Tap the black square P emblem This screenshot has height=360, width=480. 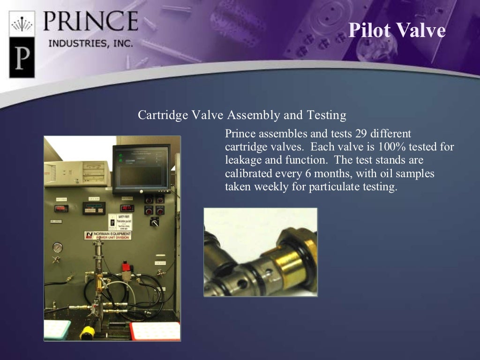pyautogui.click(x=22, y=58)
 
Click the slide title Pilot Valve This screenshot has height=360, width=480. pyautogui.click(x=397, y=30)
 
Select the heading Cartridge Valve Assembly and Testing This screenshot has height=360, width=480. pyautogui.click(x=242, y=115)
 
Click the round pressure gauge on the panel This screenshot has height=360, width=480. pyautogui.click(x=58, y=247)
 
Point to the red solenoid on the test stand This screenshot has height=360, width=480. pyautogui.click(x=126, y=269)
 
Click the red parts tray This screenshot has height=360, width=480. pyautogui.click(x=155, y=331)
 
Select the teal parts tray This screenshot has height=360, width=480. pyautogui.click(x=57, y=330)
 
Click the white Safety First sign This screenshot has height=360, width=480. pyautogui.click(x=120, y=222)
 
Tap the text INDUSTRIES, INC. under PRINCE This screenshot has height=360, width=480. pyautogui.click(x=91, y=43)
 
